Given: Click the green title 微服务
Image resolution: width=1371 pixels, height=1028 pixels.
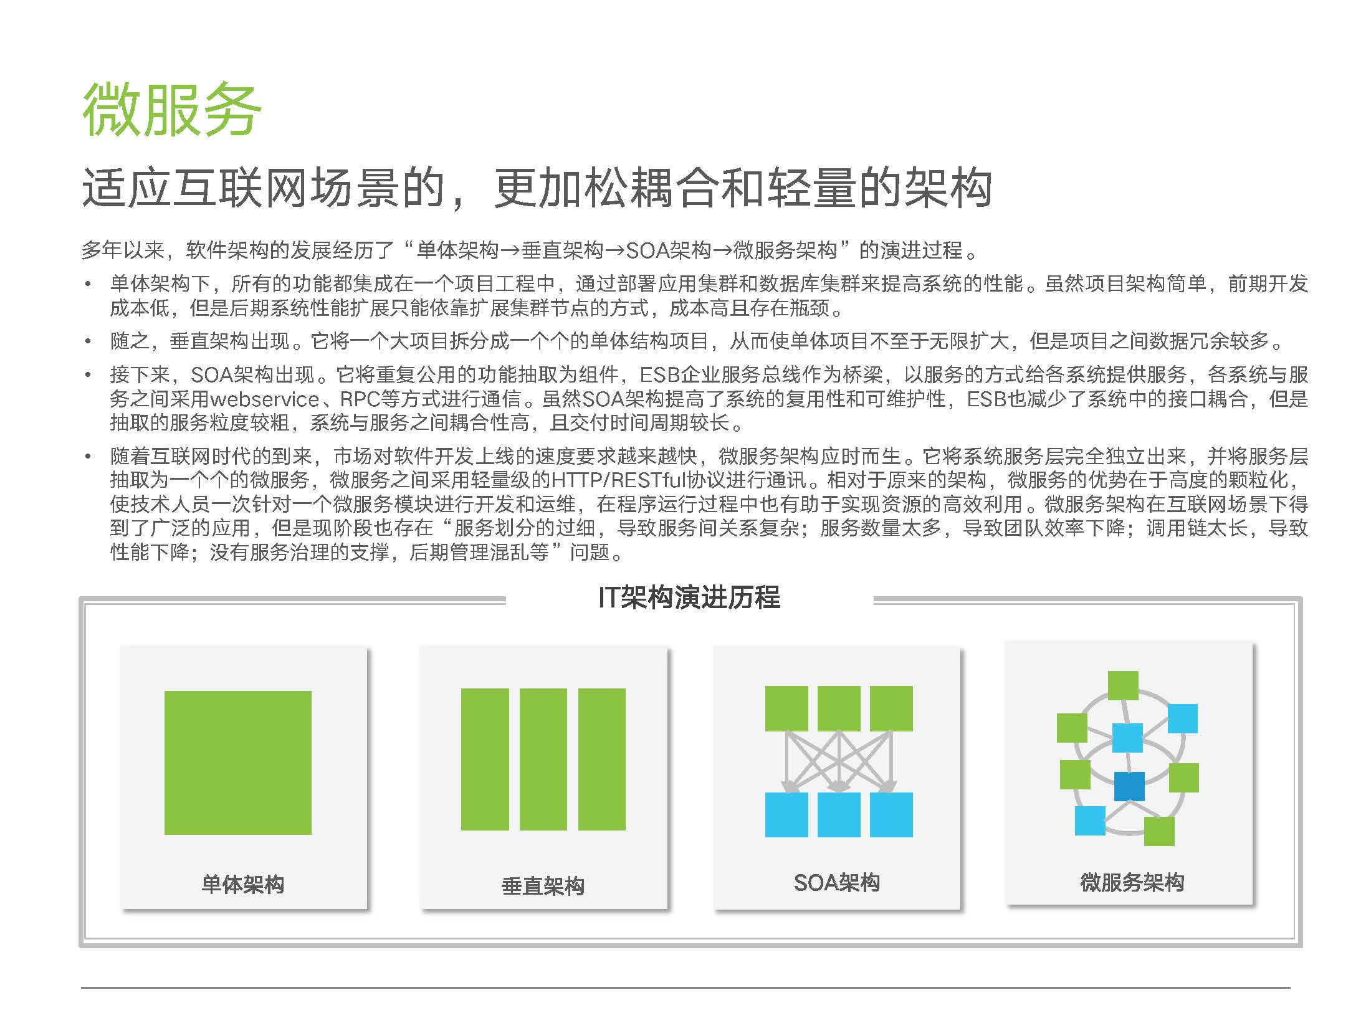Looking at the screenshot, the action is click(x=171, y=110).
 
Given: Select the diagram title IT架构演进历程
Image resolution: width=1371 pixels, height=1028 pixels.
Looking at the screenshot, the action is click(x=689, y=597).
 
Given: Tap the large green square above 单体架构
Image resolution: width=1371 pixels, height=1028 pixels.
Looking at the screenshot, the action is click(x=237, y=763).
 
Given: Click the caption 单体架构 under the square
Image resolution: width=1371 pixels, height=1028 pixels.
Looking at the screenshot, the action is click(x=242, y=884).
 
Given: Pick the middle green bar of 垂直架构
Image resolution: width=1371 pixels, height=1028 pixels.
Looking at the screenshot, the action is click(x=543, y=759).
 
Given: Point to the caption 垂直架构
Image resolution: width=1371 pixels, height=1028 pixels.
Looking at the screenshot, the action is click(x=543, y=886).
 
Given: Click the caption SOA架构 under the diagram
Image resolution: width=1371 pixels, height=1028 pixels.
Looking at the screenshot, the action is click(x=836, y=882).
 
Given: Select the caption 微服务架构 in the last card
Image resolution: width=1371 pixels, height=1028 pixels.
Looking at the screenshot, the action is click(x=1132, y=882).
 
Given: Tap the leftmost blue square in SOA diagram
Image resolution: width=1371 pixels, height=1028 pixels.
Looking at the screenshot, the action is click(x=786, y=815).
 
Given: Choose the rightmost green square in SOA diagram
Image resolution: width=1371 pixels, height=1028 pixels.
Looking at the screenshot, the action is click(x=891, y=708).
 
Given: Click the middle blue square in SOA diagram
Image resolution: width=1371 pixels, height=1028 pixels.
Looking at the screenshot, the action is click(x=839, y=815).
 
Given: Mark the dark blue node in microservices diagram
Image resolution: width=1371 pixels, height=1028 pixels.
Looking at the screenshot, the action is click(x=1129, y=786).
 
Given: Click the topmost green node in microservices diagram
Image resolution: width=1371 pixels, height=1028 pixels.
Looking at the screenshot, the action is click(x=1123, y=686).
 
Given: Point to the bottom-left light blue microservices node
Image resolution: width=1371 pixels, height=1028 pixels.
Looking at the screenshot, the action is click(x=1090, y=821).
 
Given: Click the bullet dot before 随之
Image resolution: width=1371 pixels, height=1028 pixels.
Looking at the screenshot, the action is click(x=89, y=341).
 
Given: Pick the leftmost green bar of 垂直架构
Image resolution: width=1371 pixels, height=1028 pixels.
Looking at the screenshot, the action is click(x=485, y=759).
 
